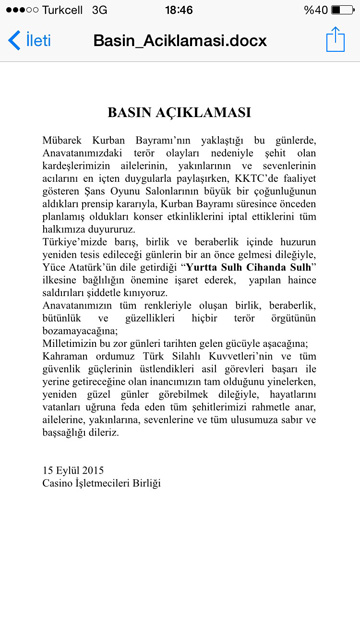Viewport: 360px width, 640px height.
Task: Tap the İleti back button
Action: (29, 42)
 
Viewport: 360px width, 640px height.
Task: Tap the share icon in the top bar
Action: (334, 40)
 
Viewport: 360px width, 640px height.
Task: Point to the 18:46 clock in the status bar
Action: (179, 9)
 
